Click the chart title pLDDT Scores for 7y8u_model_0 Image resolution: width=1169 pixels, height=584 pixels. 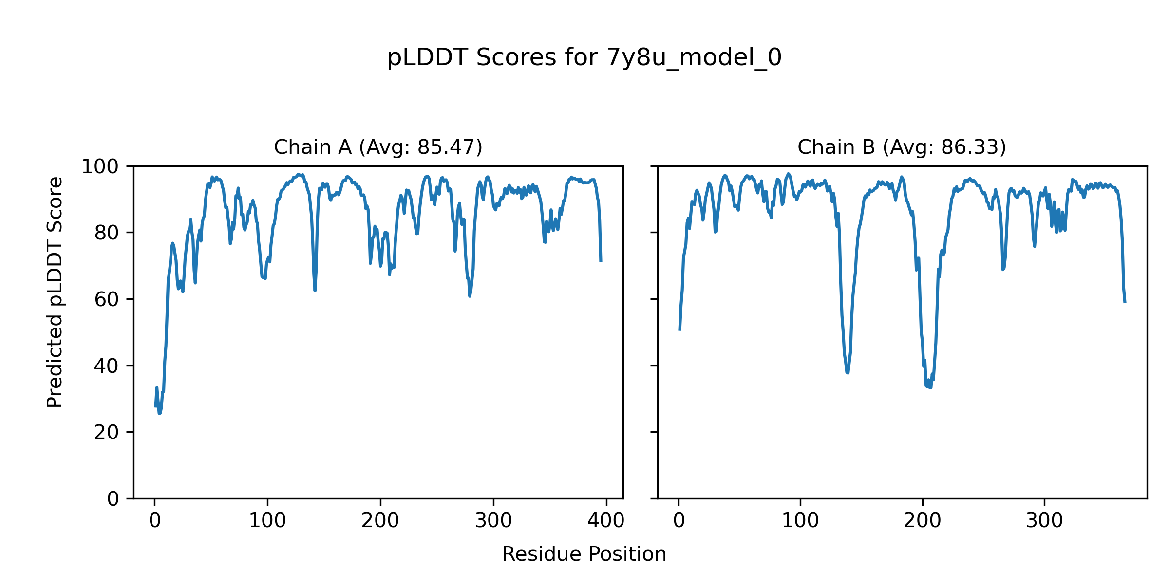[584, 58]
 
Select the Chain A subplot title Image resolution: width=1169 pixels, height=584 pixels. [378, 147]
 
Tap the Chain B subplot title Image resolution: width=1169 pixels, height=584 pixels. [902, 147]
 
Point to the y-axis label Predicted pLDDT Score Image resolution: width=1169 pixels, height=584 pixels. [55, 292]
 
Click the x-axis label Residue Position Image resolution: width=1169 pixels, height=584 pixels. [584, 554]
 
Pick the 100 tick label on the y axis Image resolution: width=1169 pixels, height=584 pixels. [100, 167]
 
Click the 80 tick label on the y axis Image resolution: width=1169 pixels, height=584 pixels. [107, 233]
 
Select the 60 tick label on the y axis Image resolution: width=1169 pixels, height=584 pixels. [107, 299]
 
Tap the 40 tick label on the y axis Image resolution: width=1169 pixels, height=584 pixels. [107, 366]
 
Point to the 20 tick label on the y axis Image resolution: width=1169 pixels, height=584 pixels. [107, 432]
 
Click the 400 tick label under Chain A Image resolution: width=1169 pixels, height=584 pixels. [606, 521]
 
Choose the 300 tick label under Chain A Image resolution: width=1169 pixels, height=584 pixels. [493, 521]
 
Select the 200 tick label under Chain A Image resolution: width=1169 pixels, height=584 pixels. [380, 521]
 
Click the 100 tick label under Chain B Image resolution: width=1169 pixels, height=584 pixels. [800, 521]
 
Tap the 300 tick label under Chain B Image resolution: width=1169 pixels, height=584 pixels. [1044, 521]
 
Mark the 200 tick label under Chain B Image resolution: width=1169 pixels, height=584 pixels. [922, 521]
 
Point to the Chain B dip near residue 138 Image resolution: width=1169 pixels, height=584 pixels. [848, 373]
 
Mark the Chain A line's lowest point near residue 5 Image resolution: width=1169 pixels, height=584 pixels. [159, 413]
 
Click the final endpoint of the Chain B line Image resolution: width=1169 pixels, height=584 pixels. [1125, 302]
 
